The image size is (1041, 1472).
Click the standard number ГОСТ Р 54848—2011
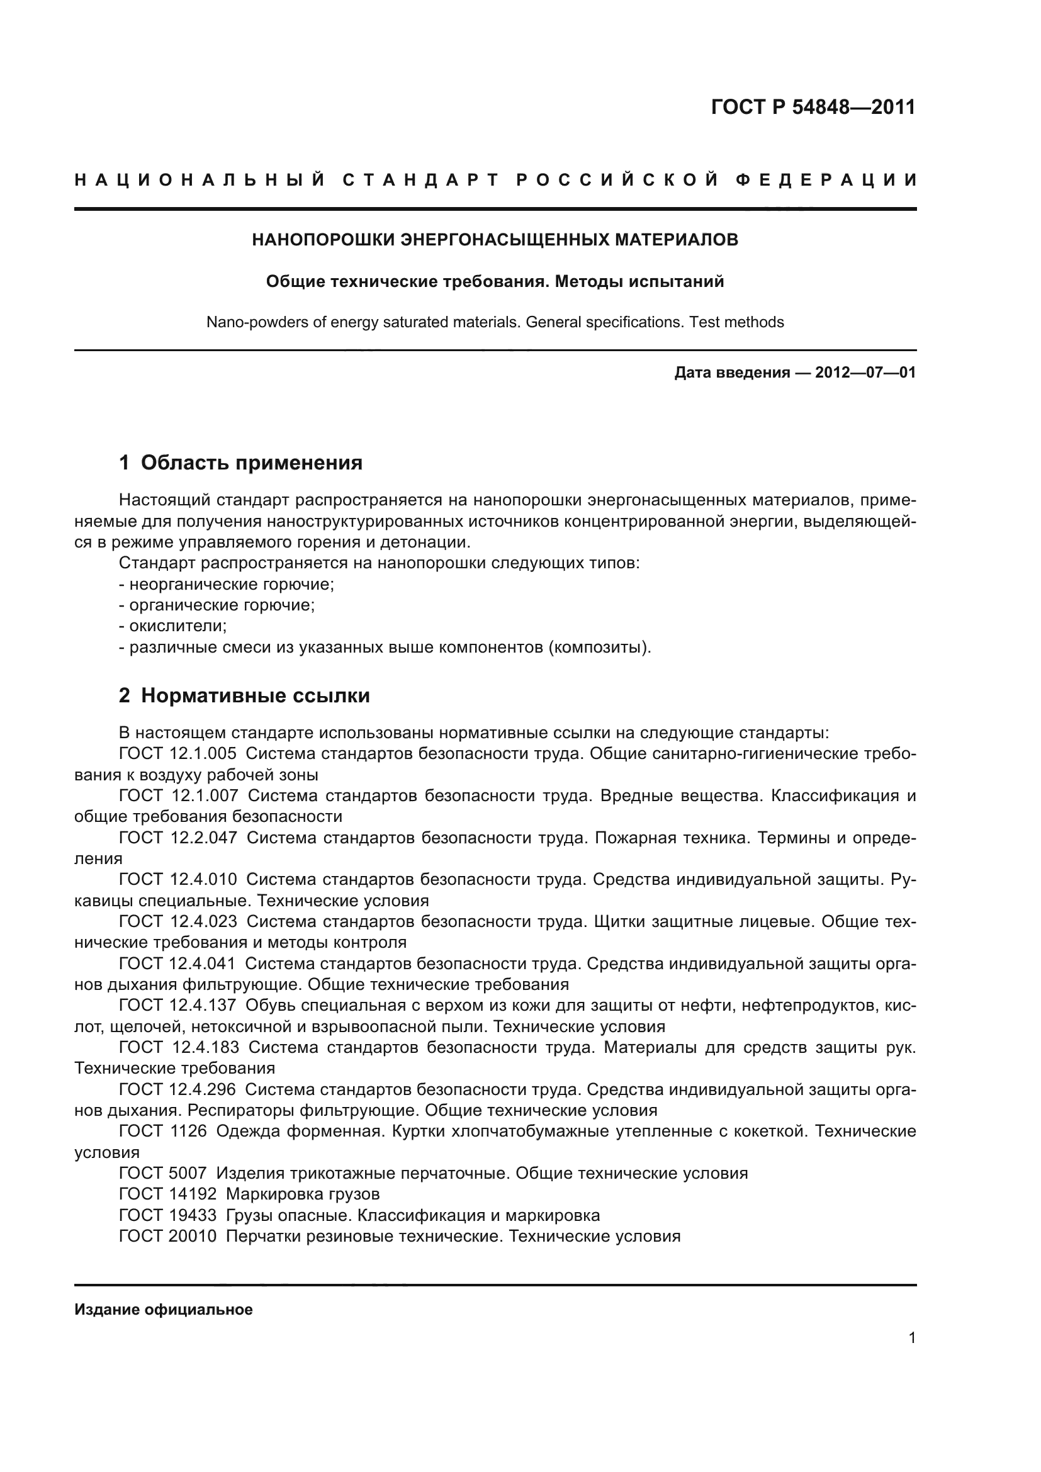tap(813, 107)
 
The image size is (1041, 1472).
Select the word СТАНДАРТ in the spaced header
tap(420, 180)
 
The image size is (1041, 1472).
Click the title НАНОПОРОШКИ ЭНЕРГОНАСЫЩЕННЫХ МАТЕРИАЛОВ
tap(495, 240)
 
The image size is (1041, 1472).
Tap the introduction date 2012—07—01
tap(865, 373)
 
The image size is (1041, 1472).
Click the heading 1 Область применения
tap(241, 463)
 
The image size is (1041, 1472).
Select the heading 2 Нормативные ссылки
tap(244, 695)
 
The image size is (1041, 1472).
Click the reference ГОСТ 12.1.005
tap(177, 754)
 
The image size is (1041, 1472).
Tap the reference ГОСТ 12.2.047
tap(177, 838)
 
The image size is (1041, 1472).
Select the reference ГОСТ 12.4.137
tap(177, 1005)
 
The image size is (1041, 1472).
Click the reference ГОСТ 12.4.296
tap(177, 1089)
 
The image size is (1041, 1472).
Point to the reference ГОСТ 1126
tap(163, 1131)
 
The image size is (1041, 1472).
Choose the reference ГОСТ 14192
tap(168, 1194)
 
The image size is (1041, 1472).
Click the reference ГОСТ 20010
tap(168, 1236)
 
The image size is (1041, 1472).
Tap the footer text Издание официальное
tap(164, 1309)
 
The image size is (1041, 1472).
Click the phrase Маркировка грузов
tap(303, 1194)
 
